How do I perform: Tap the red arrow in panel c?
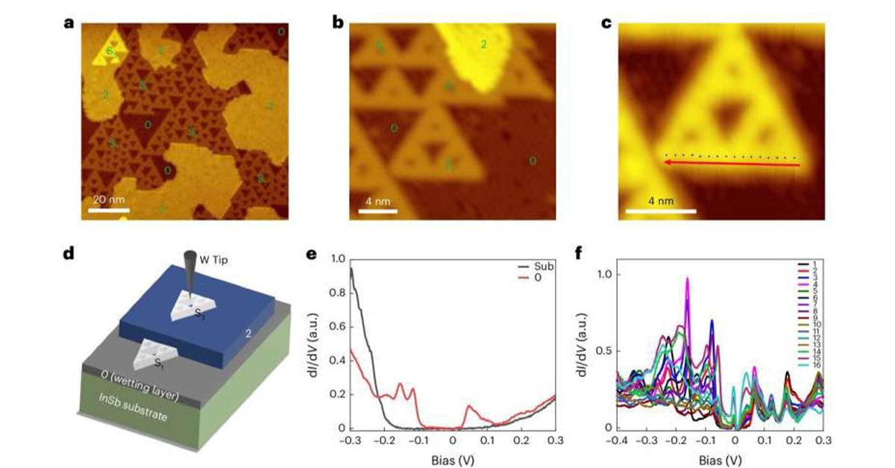731,164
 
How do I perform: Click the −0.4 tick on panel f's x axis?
617,441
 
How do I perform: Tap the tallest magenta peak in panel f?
687,280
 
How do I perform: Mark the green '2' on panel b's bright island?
483,46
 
